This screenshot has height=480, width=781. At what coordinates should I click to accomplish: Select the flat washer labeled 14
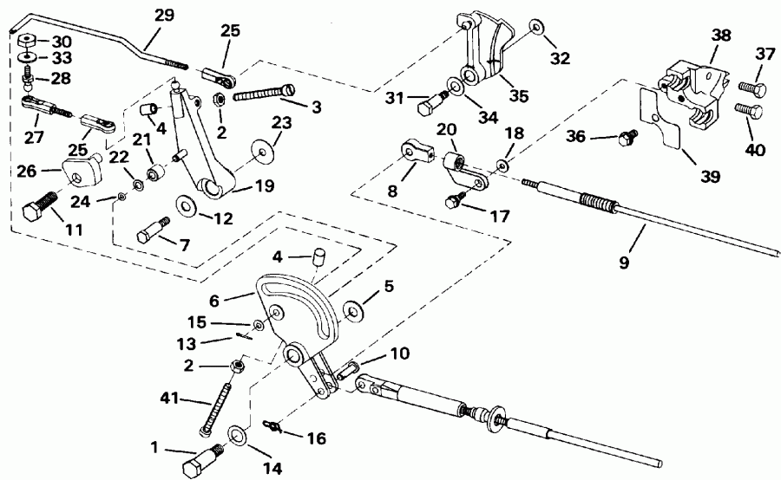(x=237, y=436)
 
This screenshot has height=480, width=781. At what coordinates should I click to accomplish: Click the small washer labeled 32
(x=536, y=28)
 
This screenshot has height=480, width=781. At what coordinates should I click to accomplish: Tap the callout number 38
(x=720, y=36)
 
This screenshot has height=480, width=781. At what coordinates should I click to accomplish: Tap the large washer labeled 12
(x=185, y=206)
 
